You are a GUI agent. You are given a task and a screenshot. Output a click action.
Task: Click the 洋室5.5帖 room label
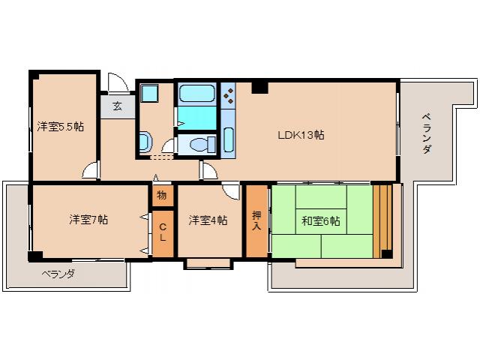coord(61,127)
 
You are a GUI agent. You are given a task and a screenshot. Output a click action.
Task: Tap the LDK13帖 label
coord(301,135)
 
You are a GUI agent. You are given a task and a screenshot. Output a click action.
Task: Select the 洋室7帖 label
coord(88,220)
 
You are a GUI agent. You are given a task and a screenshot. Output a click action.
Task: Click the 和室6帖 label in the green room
coord(321,221)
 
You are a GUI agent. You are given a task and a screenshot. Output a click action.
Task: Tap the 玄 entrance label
coord(118,106)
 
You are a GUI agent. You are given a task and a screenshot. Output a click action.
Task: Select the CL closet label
coord(162,232)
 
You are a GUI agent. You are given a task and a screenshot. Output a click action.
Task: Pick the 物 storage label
coord(162,195)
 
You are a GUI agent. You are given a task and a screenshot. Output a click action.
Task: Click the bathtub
coord(196,96)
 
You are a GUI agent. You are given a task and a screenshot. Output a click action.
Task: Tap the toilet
coord(198,144)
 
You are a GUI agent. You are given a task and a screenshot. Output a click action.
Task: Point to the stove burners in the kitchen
coord(229,95)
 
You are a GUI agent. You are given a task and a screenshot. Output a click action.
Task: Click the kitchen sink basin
coord(229,140)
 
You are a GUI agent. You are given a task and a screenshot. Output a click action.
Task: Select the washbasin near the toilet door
coord(145,140)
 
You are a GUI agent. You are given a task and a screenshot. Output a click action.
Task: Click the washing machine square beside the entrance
coord(148,94)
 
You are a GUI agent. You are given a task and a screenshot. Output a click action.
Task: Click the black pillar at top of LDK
coord(259,88)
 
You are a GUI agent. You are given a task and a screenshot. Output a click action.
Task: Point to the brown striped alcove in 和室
coord(382,219)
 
